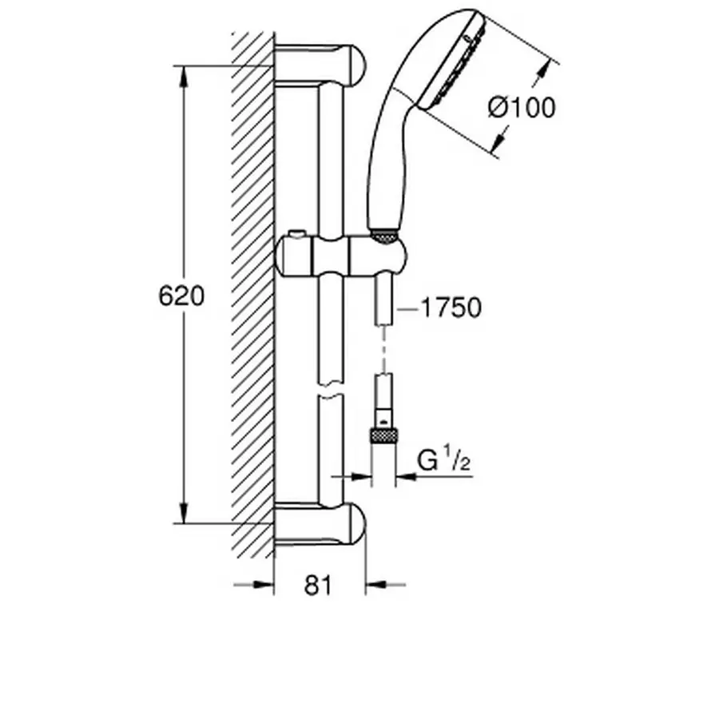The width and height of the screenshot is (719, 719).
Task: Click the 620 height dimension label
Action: click(x=181, y=296)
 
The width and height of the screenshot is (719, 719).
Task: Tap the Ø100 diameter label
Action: click(x=522, y=107)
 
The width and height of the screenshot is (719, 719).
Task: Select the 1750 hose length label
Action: click(x=451, y=308)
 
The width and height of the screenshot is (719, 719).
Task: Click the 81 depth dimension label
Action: click(x=318, y=586)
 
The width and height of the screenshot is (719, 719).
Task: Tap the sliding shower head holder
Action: click(x=340, y=256)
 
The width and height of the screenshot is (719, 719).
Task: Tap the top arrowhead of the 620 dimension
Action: click(x=184, y=77)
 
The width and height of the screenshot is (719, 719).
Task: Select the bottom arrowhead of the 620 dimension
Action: click(x=184, y=512)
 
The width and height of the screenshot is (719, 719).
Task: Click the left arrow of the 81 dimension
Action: click(x=263, y=586)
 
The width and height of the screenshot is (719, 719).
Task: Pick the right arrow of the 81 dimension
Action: click(x=376, y=586)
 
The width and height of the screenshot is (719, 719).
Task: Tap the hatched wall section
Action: click(x=252, y=296)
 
